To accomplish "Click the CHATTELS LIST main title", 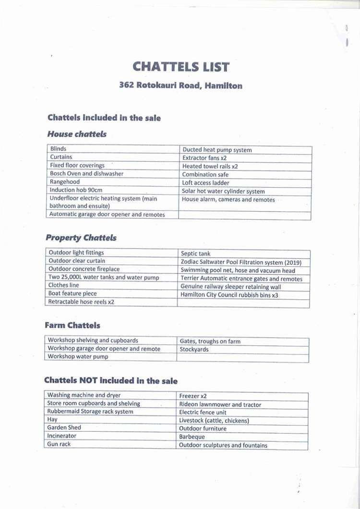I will point(181,67).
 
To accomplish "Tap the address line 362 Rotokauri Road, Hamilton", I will point(181,86).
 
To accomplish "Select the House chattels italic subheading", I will point(77,135).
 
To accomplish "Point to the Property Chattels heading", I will point(81,238).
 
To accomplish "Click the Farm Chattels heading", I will point(72,325).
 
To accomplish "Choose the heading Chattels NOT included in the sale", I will point(111,381).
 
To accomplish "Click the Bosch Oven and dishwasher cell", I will point(87,174).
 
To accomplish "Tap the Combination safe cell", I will point(205,175).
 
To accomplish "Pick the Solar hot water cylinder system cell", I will point(224,191).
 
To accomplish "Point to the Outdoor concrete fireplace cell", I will point(84,269).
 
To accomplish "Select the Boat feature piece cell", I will point(73,294).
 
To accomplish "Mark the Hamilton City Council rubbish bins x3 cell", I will point(229,295).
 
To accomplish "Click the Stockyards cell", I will point(194,350).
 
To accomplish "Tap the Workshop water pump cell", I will point(78,357).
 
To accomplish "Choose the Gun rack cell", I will point(59,444).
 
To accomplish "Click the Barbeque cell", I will point(192,437).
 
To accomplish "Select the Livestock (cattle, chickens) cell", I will point(214,421).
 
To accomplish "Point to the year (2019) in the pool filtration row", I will point(293,262).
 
